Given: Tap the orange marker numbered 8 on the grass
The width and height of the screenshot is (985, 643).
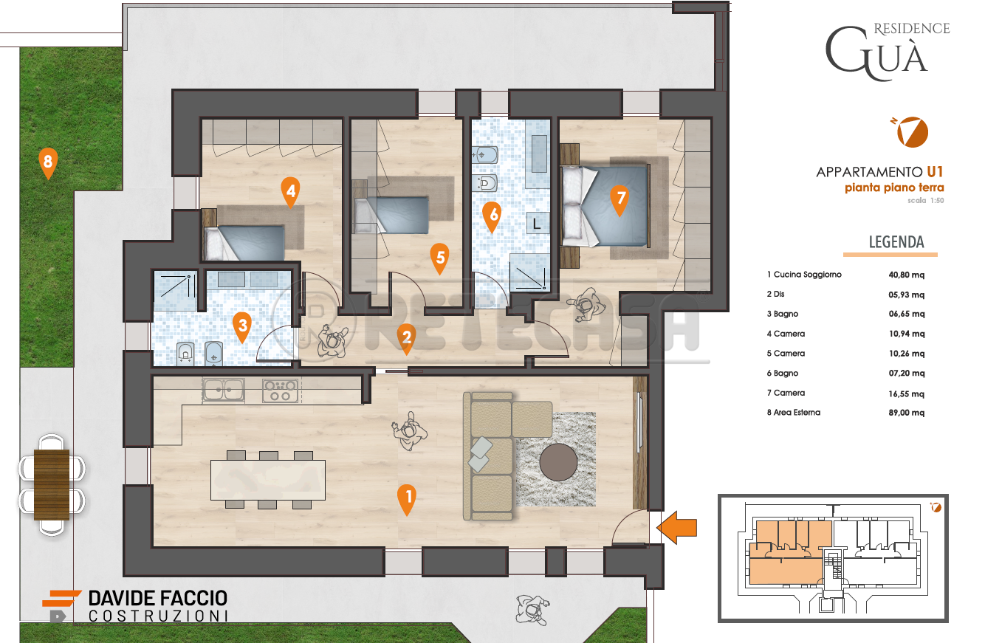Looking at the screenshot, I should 47,163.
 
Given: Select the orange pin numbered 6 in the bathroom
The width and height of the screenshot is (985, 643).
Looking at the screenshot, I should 492,215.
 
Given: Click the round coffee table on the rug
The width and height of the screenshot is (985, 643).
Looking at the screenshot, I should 559,463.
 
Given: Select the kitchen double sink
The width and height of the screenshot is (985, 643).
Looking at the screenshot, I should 224,389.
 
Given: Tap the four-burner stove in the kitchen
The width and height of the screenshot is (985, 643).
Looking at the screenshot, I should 281,390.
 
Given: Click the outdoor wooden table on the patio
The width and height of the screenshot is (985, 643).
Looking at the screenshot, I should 52,484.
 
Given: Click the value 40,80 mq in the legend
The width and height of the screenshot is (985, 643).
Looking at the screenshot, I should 907,275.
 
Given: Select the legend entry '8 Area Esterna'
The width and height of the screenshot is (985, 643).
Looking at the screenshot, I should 793,413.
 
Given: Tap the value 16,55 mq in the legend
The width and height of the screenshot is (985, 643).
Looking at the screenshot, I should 907,393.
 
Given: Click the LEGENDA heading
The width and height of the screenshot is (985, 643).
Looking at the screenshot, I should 896,242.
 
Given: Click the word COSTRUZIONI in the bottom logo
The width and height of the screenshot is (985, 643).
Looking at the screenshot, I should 157,616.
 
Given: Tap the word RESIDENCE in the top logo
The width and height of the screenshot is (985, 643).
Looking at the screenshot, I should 912,29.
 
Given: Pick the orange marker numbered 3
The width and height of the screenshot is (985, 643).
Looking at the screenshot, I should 241,325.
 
